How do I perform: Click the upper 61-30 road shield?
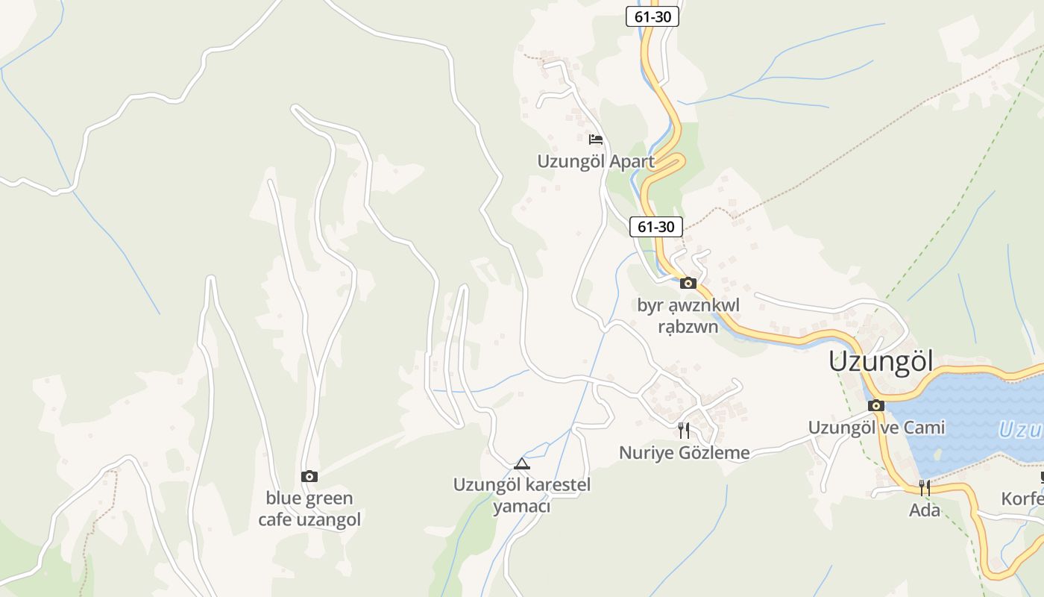(652, 16)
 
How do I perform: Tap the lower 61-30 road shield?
(656, 227)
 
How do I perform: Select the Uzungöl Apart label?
(596, 161)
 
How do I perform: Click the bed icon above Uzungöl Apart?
(595, 139)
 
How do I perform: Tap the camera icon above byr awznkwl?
(688, 283)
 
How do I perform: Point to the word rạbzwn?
(688, 326)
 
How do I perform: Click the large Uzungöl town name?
(881, 362)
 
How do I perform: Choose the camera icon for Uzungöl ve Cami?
(876, 406)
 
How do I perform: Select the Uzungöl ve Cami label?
(876, 428)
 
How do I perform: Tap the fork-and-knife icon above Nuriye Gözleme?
(684, 430)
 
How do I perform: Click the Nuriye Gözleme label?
(684, 452)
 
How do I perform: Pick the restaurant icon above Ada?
(925, 488)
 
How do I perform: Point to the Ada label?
(925, 510)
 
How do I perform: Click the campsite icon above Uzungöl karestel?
(522, 463)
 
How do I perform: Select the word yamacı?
(521, 507)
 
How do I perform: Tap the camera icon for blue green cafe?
(309, 476)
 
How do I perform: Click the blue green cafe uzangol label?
(309, 509)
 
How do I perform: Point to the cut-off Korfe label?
(1022, 498)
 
